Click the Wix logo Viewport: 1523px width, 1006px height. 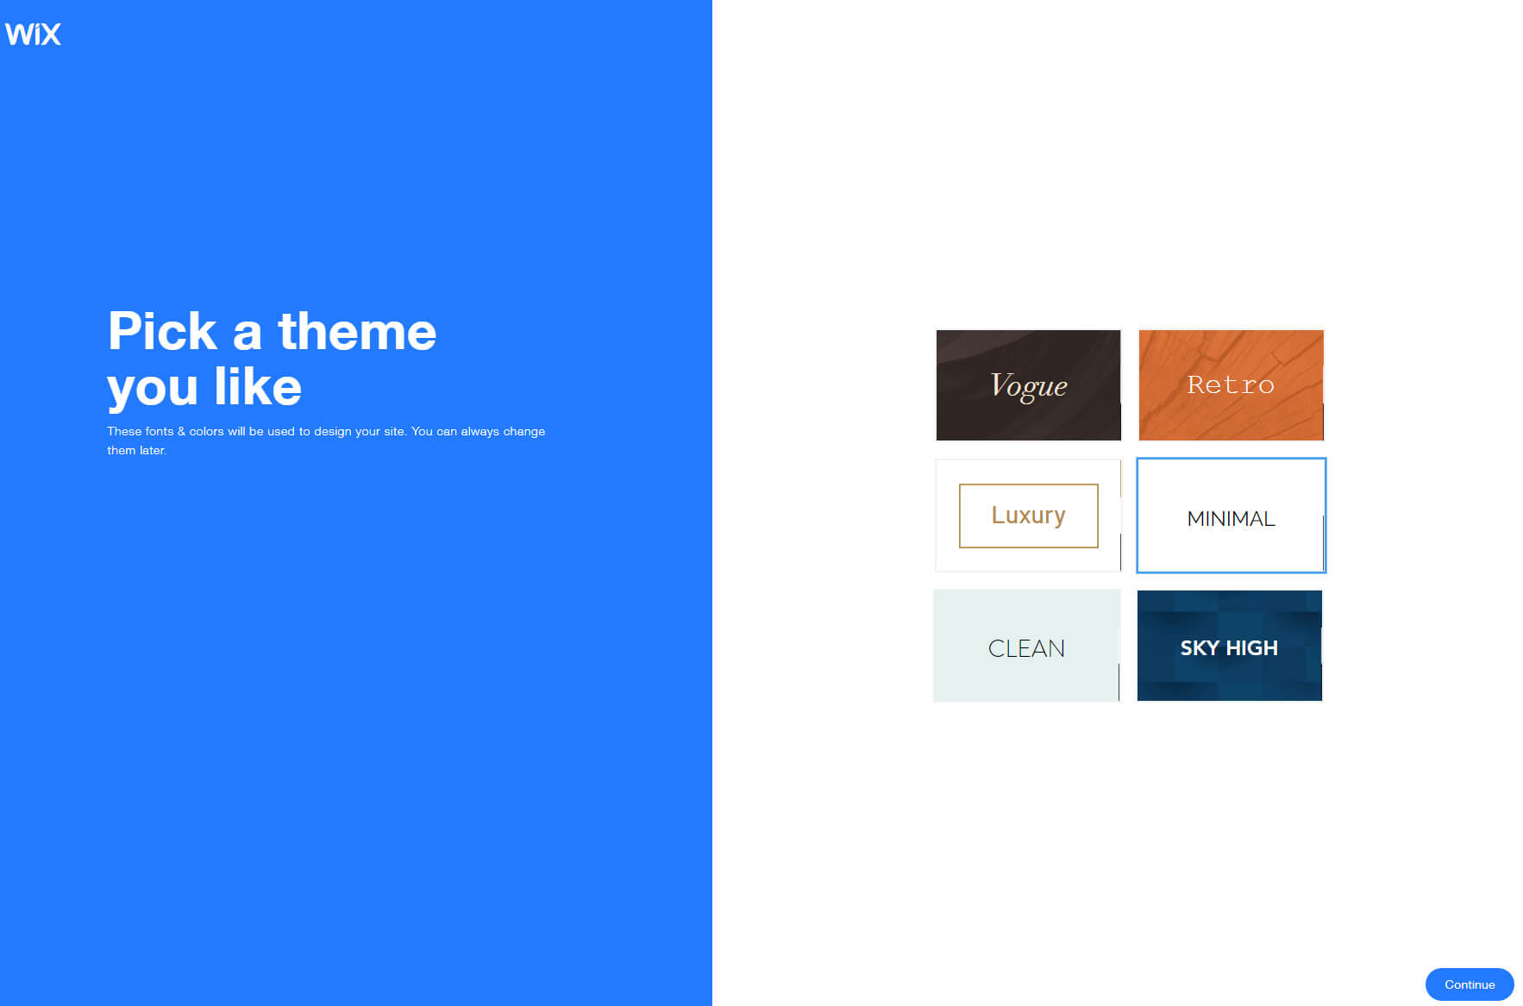[x=33, y=34]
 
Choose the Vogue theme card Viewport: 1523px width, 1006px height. [x=1028, y=385]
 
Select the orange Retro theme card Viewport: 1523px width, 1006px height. [x=1231, y=385]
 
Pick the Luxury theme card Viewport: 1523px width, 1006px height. [x=1028, y=515]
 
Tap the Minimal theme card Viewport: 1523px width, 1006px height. [x=1231, y=515]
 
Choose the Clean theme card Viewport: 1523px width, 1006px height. [x=1026, y=647]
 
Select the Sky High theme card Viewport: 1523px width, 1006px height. [x=1229, y=647]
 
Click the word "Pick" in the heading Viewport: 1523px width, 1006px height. [x=162, y=332]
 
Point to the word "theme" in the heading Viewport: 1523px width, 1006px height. [x=357, y=332]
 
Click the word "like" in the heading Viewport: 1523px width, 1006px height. [x=258, y=387]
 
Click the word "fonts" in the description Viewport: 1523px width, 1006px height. [x=159, y=431]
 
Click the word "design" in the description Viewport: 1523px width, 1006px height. [x=332, y=431]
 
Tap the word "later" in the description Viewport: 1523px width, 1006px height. [x=152, y=450]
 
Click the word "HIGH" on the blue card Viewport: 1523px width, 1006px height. [x=1251, y=648]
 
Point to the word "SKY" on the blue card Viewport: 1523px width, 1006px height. [x=1200, y=648]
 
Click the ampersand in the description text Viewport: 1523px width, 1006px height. [x=181, y=431]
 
